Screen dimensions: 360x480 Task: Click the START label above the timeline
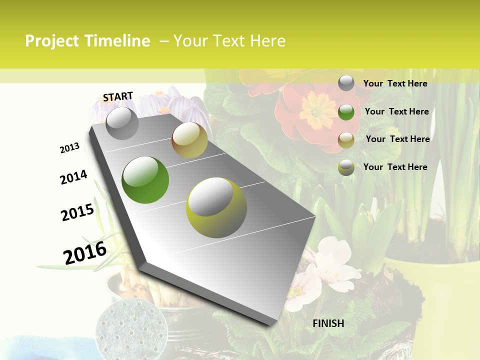point(118,96)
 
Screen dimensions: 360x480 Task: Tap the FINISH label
point(328,323)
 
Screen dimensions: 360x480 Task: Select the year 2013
point(69,147)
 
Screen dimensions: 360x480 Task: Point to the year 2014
point(73,177)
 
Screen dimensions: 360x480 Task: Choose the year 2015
point(77,212)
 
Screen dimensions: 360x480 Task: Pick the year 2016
point(85,253)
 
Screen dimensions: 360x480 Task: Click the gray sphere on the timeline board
point(122,123)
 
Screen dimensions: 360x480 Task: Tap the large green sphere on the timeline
point(145,180)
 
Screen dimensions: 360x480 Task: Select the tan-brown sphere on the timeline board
point(189,140)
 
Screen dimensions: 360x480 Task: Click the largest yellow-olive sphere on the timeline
point(216,207)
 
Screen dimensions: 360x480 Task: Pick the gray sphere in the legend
point(346,83)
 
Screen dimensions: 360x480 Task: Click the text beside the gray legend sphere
point(395,83)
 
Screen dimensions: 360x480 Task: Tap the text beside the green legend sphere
point(396,111)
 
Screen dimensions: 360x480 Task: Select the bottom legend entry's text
point(395,167)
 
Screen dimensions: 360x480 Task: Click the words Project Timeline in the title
point(87,41)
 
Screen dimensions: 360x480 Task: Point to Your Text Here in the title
point(229,41)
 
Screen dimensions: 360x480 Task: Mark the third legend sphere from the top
point(346,139)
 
